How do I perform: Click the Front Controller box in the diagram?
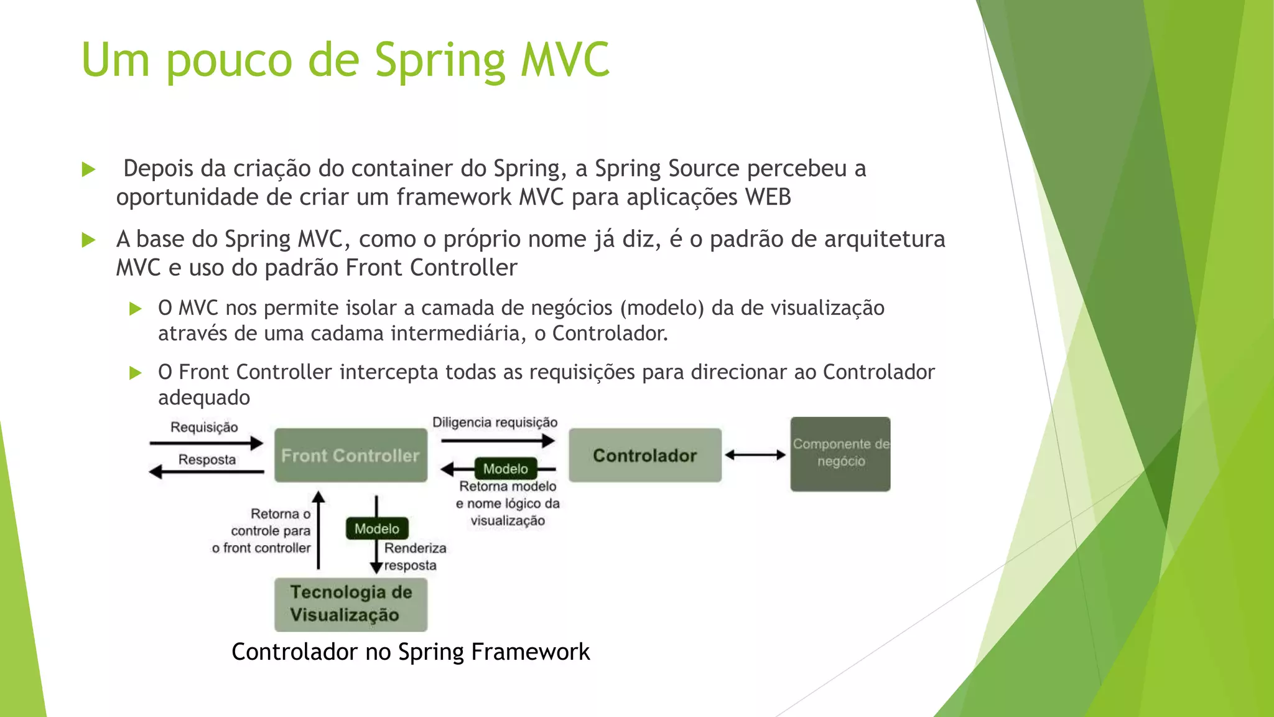[x=350, y=455]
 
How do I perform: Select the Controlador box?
[x=644, y=455]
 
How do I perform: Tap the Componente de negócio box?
[x=840, y=454]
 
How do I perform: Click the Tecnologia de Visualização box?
[x=350, y=604]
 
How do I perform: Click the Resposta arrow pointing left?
[x=207, y=472]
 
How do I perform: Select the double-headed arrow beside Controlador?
[x=755, y=455]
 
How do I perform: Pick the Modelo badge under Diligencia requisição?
[x=505, y=469]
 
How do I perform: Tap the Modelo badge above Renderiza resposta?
[x=376, y=528]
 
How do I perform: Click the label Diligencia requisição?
[x=495, y=423]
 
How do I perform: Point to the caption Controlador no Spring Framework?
[x=410, y=652]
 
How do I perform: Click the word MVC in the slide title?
[x=565, y=60]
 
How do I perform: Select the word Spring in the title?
[x=440, y=61]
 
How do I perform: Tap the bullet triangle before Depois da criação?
[x=88, y=169]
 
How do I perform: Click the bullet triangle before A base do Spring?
[x=88, y=240]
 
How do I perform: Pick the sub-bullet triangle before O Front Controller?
[x=135, y=373]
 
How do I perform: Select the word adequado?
[x=204, y=398]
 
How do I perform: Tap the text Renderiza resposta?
[x=414, y=556]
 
